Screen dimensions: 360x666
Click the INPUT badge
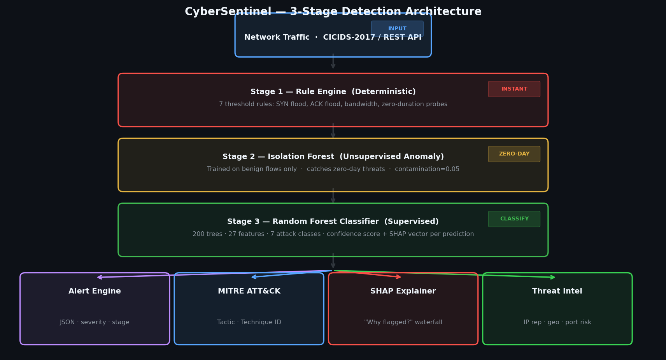tap(397, 28)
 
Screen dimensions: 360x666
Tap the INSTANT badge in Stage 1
tap(514, 89)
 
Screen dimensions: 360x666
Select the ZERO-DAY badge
tap(514, 154)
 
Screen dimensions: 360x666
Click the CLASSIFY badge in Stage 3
tap(514, 219)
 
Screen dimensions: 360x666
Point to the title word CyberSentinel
tap(228, 12)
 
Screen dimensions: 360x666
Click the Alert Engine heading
tap(95, 291)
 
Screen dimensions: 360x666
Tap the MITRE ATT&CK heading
tap(249, 291)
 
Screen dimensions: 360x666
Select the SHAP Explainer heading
tap(403, 291)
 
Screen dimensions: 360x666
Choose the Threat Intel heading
tap(557, 291)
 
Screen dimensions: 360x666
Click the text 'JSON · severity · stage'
tap(95, 322)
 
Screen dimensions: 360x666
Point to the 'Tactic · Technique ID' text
tap(249, 322)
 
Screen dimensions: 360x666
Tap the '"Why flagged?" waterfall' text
tap(403, 322)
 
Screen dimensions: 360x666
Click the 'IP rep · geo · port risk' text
tap(557, 322)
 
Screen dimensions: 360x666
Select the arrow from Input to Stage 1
tap(333, 61)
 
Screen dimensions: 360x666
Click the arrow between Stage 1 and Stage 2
tap(333, 131)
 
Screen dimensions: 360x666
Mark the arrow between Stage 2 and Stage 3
tap(333, 196)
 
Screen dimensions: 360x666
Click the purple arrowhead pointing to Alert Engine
tap(100, 277)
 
